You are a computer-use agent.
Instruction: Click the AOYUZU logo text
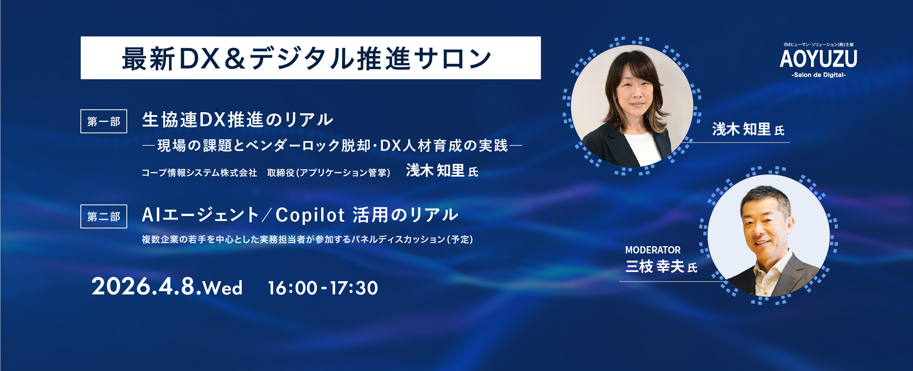819,59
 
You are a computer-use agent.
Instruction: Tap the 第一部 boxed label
104,121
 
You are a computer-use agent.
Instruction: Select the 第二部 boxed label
104,216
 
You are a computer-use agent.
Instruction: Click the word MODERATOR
653,250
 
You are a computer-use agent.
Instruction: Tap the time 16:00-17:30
323,288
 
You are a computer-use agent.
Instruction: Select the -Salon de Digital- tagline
819,75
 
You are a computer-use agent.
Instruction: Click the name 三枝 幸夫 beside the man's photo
655,267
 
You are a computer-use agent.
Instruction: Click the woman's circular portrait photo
632,106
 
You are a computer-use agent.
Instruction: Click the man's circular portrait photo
769,236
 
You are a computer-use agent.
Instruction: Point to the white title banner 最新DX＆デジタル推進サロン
311,58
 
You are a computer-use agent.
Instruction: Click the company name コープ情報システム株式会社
199,173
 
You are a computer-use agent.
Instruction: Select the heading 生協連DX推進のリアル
238,119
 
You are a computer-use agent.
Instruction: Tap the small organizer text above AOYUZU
819,45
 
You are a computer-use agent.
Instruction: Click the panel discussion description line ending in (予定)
307,239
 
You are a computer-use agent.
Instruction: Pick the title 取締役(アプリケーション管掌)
329,173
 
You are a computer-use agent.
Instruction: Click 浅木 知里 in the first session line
435,170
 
